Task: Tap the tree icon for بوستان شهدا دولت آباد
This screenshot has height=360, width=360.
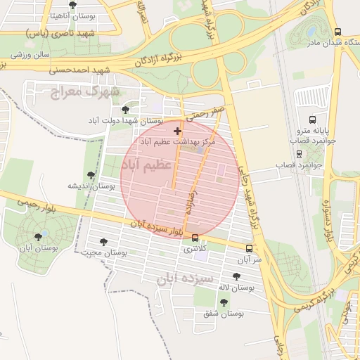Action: pyautogui.click(x=125, y=110)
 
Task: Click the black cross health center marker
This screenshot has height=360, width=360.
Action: pyautogui.click(x=177, y=131)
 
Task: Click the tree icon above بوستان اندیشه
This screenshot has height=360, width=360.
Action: pyautogui.click(x=90, y=175)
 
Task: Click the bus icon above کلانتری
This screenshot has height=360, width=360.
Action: pyautogui.click(x=195, y=238)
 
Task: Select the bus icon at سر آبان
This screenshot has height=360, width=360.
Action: pyautogui.click(x=249, y=248)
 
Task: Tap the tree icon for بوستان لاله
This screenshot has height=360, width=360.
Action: pyautogui.click(x=236, y=276)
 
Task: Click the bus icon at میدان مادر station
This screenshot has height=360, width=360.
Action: pyautogui.click(x=337, y=32)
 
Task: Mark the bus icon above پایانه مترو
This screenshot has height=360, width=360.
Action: pyautogui.click(x=312, y=120)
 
